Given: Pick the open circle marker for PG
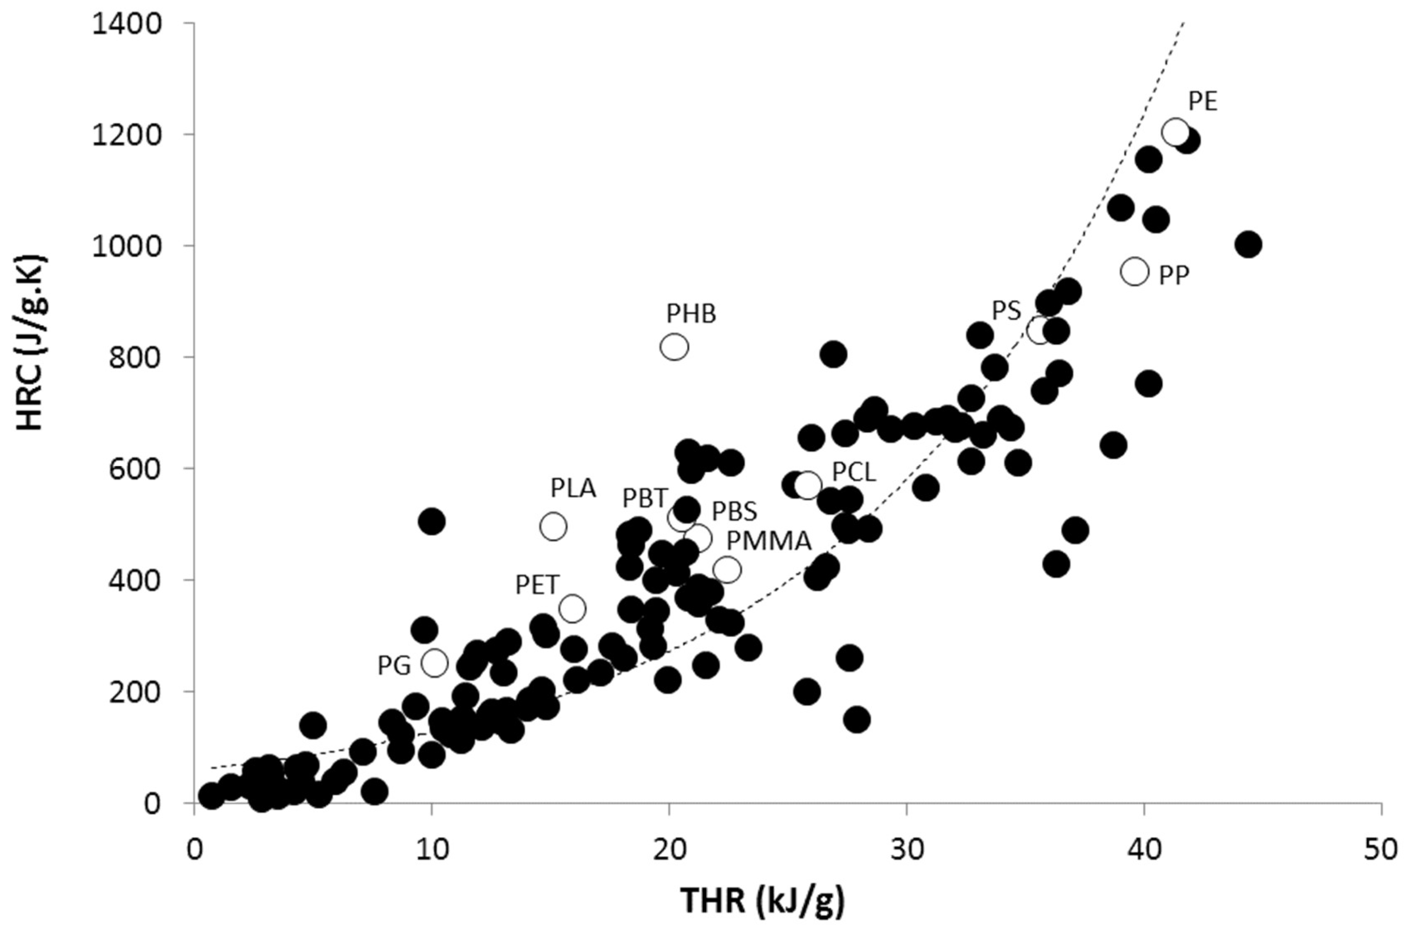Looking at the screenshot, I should [434, 662].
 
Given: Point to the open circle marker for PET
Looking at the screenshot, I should [572, 609].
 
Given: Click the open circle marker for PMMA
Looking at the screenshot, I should [727, 569].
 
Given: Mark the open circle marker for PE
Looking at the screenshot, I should [1175, 131].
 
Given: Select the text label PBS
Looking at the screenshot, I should [735, 511].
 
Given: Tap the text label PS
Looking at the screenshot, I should [1006, 310].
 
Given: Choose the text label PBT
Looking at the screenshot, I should [645, 498].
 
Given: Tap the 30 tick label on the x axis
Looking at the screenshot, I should [907, 850].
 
